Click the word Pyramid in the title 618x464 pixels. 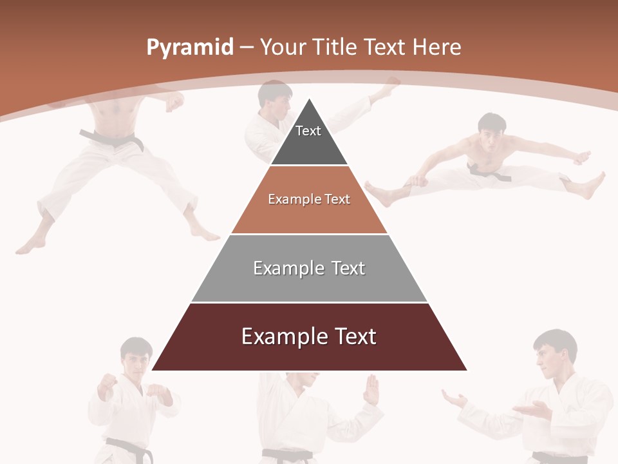click(189, 48)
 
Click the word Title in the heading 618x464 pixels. click(336, 47)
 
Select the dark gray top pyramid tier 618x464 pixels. click(309, 139)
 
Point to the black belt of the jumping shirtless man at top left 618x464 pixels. click(113, 139)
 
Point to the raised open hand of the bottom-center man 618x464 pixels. click(371, 389)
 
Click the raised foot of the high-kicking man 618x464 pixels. click(388, 87)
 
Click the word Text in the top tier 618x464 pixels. click(308, 131)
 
